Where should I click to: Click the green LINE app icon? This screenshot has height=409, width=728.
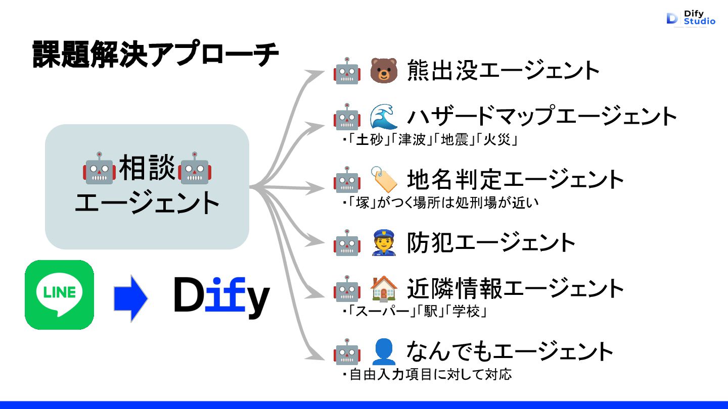point(59,294)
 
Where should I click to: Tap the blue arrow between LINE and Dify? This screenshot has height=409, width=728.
point(130,298)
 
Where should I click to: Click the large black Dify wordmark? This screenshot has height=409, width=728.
point(221,297)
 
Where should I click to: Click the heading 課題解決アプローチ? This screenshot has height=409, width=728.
point(156,55)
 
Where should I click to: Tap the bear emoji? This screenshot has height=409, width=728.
point(384,71)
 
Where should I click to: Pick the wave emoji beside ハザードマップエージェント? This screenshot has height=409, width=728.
point(384,117)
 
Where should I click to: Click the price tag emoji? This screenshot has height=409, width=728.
point(384,179)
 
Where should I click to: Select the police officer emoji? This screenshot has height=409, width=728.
point(384,242)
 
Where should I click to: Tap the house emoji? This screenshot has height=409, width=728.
point(384,289)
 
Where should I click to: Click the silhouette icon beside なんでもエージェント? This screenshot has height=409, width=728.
point(384,351)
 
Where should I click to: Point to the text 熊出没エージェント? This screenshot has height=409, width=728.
point(503,71)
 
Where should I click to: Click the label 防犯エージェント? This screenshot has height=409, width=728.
point(491,242)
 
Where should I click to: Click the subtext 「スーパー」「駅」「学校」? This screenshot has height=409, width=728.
point(415,312)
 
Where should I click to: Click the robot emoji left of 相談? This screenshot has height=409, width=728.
point(99,168)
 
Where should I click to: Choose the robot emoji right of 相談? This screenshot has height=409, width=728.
point(195,168)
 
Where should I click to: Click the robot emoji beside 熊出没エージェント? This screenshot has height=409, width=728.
point(347,71)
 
